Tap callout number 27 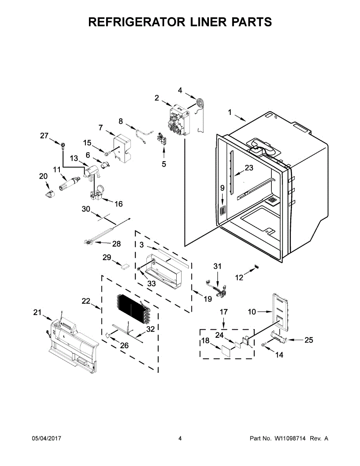point(44,136)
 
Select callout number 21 point(37,313)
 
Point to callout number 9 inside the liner point(222,188)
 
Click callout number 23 point(249,168)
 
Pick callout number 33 point(151,284)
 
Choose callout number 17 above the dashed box point(224,312)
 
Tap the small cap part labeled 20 point(49,193)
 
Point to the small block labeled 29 point(125,267)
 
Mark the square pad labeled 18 point(224,350)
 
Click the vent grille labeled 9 point(223,211)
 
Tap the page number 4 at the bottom point(180,438)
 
